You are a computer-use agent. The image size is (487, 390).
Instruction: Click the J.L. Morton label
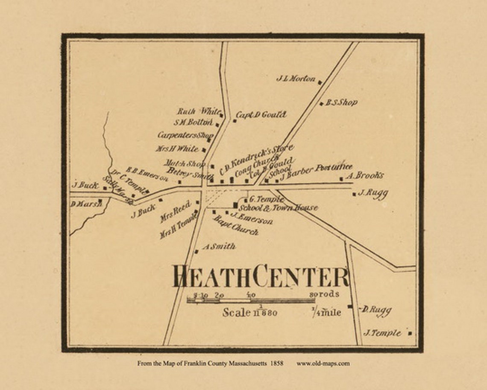coord(296,79)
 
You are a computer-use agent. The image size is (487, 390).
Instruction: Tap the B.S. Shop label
coord(341,103)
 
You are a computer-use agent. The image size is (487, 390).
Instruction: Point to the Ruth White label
coord(199,112)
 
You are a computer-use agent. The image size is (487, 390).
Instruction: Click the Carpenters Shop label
coord(185,135)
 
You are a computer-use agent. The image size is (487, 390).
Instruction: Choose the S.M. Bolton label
coord(193,122)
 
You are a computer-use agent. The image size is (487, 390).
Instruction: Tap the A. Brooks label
coord(364,175)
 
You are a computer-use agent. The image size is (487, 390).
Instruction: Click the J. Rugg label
coord(373,193)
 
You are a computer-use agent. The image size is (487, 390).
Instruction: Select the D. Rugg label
coord(376,310)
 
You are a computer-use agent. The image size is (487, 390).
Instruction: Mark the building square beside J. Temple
coord(410,333)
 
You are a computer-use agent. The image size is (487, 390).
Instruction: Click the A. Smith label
coord(219,247)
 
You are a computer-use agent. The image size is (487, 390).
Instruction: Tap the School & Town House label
coord(278,208)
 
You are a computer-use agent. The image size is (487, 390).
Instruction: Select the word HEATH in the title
coord(211,277)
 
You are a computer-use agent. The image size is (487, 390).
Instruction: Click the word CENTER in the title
coord(301,277)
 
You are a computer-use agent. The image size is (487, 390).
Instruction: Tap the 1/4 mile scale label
coord(326,313)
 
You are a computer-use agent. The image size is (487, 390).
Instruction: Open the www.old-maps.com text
coord(323,364)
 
